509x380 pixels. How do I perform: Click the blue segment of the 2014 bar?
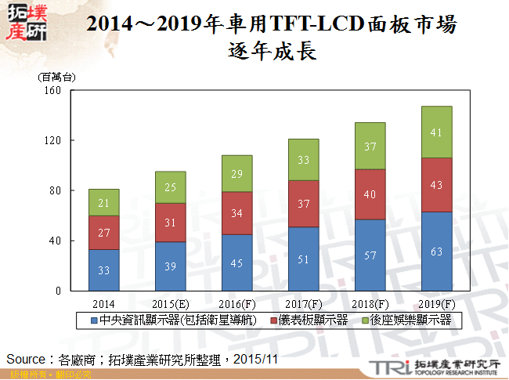pyautogui.click(x=103, y=270)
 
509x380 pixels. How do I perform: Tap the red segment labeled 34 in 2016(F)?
pyautogui.click(x=236, y=213)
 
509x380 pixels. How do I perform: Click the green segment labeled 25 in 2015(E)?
pyautogui.click(x=170, y=187)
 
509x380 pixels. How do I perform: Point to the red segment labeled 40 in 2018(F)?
pyautogui.click(x=370, y=194)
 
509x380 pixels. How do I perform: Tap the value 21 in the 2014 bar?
pyautogui.click(x=103, y=203)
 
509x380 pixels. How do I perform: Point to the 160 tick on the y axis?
pyautogui.click(x=52, y=90)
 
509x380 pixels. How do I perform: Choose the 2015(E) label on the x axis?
pyautogui.click(x=170, y=302)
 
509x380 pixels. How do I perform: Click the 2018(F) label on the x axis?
pyautogui.click(x=370, y=302)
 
